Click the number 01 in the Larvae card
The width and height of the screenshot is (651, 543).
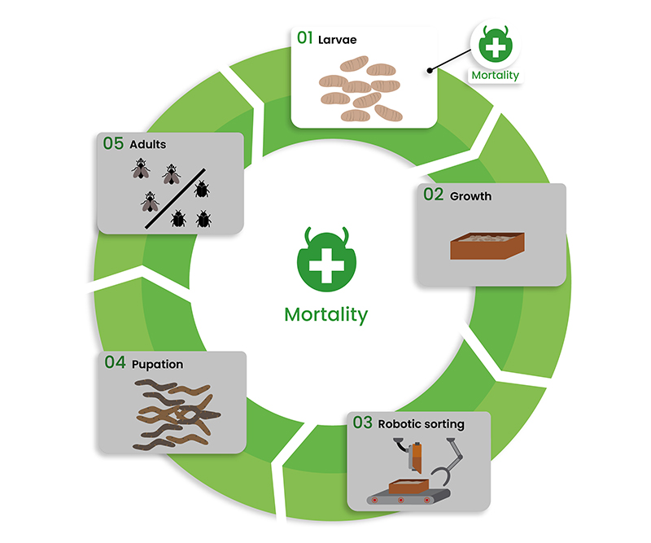pyautogui.click(x=304, y=37)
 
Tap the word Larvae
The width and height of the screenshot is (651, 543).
pyautogui.click(x=337, y=40)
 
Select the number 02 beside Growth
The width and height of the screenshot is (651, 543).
pyautogui.click(x=434, y=195)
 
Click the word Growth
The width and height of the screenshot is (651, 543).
pyautogui.click(x=471, y=196)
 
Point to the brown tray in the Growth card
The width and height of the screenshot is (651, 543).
pyautogui.click(x=487, y=246)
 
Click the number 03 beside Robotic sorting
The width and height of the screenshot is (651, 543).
pyautogui.click(x=362, y=423)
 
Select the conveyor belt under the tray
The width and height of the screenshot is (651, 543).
pyautogui.click(x=409, y=497)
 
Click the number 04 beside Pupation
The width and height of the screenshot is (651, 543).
pyautogui.click(x=115, y=362)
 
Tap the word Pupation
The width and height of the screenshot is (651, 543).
pyautogui.click(x=157, y=365)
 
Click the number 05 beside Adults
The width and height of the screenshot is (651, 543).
pyautogui.click(x=113, y=143)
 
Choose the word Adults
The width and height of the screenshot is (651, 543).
pyautogui.click(x=148, y=145)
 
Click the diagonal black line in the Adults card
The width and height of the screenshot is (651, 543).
pyautogui.click(x=175, y=199)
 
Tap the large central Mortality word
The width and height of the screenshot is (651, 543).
pyautogui.click(x=326, y=315)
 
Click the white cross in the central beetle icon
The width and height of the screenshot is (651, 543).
pyautogui.click(x=327, y=266)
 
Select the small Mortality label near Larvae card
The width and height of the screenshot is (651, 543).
pyautogui.click(x=496, y=75)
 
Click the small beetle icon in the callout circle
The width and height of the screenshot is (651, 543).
pyautogui.click(x=496, y=44)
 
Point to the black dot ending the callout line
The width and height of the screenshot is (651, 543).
pyautogui.click(x=430, y=71)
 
